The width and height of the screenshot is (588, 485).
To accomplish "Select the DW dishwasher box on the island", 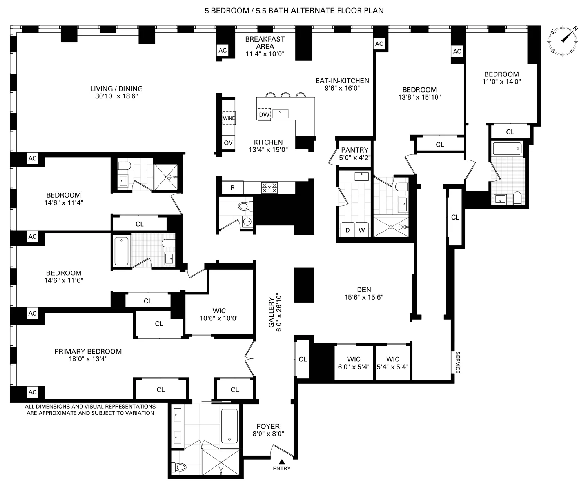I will (x=264, y=114).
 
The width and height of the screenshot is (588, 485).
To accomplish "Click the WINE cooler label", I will (x=229, y=118).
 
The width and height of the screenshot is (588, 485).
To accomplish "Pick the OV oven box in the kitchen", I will (x=228, y=143).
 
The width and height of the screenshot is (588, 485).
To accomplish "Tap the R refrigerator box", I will (x=232, y=188).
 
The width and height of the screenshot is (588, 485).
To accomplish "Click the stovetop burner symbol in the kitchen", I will (x=269, y=187).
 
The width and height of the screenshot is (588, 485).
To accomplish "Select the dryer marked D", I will (x=347, y=230).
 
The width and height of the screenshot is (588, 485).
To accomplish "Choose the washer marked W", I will (x=361, y=230).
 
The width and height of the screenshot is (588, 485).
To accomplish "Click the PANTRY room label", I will (x=354, y=150).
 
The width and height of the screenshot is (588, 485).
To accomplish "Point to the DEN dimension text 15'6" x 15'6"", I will (x=364, y=297).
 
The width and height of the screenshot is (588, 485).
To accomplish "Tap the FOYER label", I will (x=268, y=426).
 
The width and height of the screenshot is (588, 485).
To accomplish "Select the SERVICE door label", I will (x=457, y=362).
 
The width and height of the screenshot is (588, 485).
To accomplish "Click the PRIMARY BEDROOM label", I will (x=88, y=351).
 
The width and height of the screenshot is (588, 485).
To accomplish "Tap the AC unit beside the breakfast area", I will (x=223, y=50).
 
